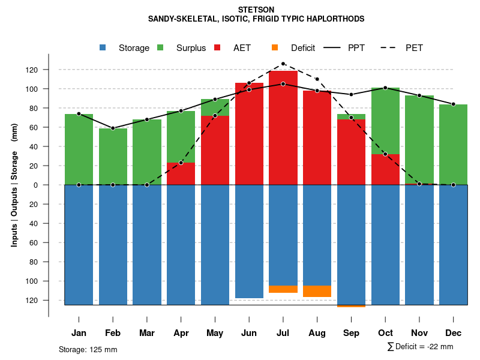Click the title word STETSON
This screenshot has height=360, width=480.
click(256, 10)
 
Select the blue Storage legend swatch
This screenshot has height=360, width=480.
click(103, 47)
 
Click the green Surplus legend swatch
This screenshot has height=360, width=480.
click(160, 47)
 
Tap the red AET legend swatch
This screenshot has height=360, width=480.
click(217, 47)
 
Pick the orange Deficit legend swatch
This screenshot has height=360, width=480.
click(274, 47)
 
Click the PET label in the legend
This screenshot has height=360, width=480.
click(414, 48)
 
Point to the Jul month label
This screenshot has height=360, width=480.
click(283, 333)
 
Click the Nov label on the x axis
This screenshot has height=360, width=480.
click(419, 333)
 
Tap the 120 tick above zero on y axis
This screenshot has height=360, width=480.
click(31, 70)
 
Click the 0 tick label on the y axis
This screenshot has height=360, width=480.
click(35, 185)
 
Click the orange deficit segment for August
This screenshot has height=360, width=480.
click(317, 291)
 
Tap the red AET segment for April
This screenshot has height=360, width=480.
click(181, 174)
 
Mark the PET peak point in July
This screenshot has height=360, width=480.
click(283, 64)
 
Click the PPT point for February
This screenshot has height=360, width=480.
click(113, 128)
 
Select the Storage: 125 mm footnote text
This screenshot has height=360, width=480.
click(88, 349)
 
